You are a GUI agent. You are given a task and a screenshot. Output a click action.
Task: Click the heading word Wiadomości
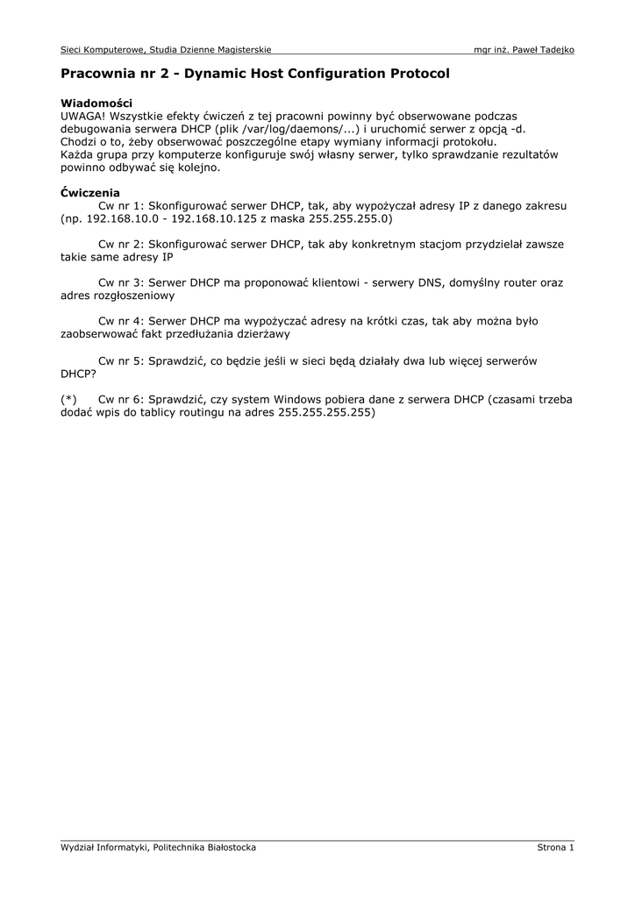pyautogui.click(x=96, y=103)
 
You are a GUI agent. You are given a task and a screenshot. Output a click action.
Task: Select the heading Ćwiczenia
pyautogui.click(x=90, y=192)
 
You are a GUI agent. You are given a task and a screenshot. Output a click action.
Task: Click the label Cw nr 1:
pyautogui.click(x=121, y=205)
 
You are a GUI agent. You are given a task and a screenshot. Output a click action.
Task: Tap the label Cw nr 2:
pyautogui.click(x=121, y=244)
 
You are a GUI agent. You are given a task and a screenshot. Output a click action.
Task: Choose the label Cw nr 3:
pyautogui.click(x=121, y=282)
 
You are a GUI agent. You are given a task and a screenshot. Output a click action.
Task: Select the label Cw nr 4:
pyautogui.click(x=121, y=321)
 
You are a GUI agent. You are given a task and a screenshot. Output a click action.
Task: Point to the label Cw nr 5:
pyautogui.click(x=121, y=360)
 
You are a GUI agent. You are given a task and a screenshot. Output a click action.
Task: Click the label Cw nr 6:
pyautogui.click(x=121, y=399)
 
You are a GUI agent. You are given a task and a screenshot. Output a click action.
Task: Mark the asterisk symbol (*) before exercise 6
pyautogui.click(x=69, y=399)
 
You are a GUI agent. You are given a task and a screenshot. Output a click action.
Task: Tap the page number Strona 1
pyautogui.click(x=555, y=847)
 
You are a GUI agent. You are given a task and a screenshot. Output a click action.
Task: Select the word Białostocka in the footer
pyautogui.click(x=228, y=847)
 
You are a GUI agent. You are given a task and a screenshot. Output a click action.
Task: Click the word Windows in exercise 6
pyautogui.click(x=299, y=399)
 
